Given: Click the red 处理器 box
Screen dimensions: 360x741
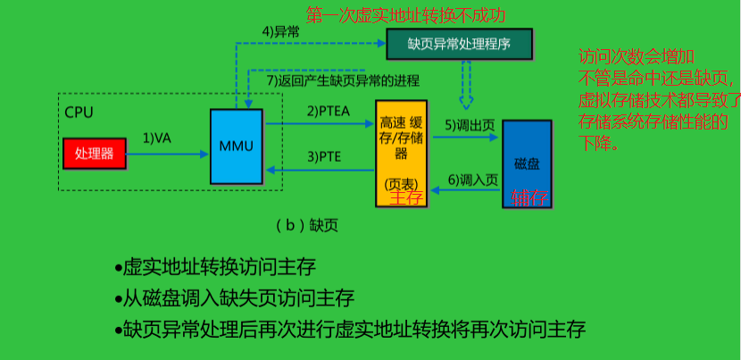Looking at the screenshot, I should tap(95, 154).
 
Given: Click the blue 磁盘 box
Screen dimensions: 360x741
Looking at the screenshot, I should tap(527, 163).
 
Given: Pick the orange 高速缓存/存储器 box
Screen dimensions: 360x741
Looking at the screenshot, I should tap(401, 152).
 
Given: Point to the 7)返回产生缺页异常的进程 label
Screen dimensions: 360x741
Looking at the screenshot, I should tap(343, 81).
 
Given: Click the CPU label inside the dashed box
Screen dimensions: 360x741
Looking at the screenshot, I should tap(79, 113).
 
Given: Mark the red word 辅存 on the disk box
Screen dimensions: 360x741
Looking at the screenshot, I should tap(529, 198).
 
